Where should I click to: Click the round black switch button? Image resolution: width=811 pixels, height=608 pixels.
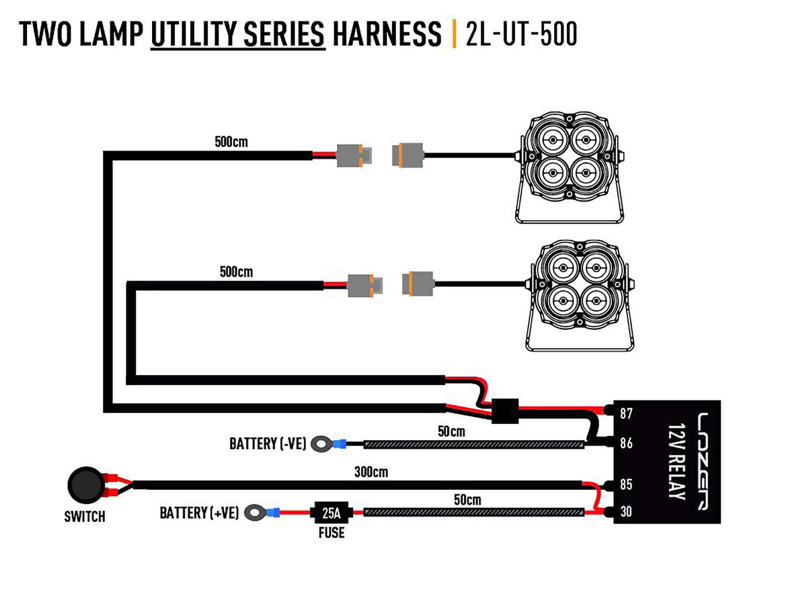pyautogui.click(x=85, y=484)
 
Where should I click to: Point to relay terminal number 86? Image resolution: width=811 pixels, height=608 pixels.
pyautogui.click(x=626, y=443)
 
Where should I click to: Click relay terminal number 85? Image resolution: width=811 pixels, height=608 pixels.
pyautogui.click(x=626, y=484)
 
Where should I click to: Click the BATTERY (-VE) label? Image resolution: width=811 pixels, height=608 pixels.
pyautogui.click(x=268, y=443)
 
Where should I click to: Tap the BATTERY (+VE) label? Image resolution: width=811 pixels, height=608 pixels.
pyautogui.click(x=199, y=513)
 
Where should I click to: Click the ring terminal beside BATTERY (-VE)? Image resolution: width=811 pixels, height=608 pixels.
pyautogui.click(x=323, y=443)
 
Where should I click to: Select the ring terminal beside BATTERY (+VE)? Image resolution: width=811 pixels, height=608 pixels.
pyautogui.click(x=255, y=513)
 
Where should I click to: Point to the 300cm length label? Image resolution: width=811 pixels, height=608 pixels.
pyautogui.click(x=371, y=472)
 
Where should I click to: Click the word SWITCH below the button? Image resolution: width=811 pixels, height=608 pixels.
pyautogui.click(x=85, y=517)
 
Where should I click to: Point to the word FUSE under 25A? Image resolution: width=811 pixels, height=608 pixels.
pyautogui.click(x=332, y=533)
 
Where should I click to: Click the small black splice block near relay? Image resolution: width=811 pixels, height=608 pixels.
pyautogui.click(x=504, y=410)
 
